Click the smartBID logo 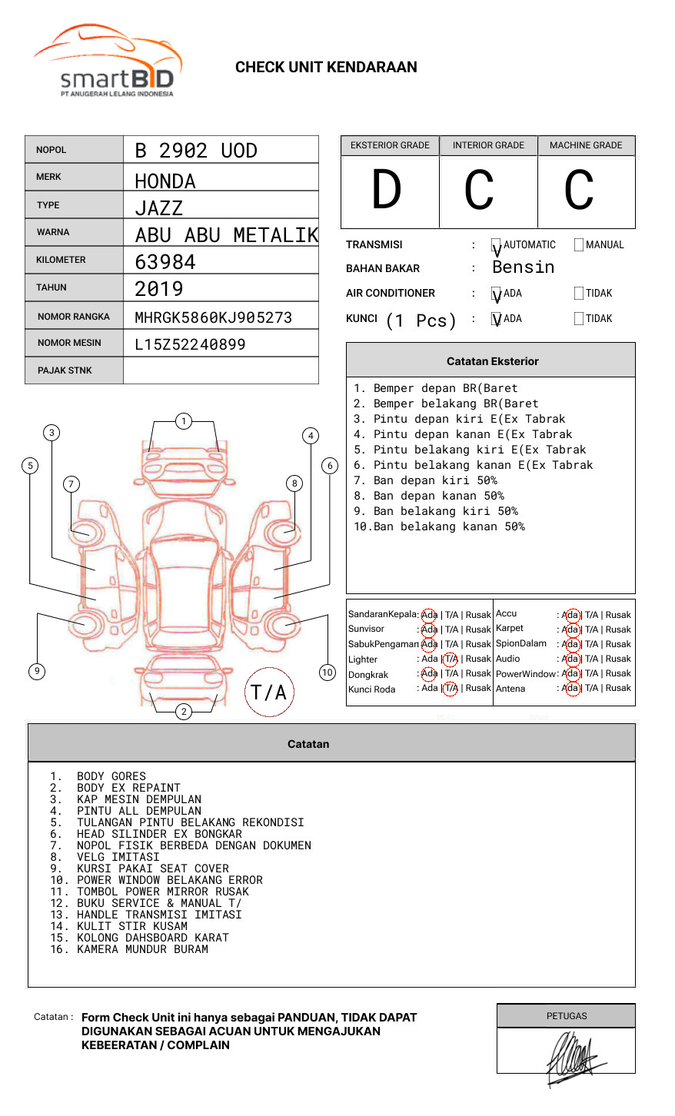tap(108, 62)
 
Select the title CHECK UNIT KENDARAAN tap(326, 68)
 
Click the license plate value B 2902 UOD tap(196, 151)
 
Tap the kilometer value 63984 tap(165, 262)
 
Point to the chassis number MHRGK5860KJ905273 tap(213, 317)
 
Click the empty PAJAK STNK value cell tap(221, 370)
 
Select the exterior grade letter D tap(387, 190)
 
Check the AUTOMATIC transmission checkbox tap(496, 246)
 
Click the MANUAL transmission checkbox tap(579, 245)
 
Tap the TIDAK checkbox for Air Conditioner tap(579, 294)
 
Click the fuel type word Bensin tap(523, 267)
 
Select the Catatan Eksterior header tap(492, 361)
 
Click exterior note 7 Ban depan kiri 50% tap(425, 480)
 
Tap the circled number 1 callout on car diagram tap(183, 421)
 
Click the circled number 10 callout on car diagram tap(328, 673)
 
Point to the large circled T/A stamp tap(269, 692)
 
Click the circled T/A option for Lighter tap(451, 659)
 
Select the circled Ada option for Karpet tap(570, 629)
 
